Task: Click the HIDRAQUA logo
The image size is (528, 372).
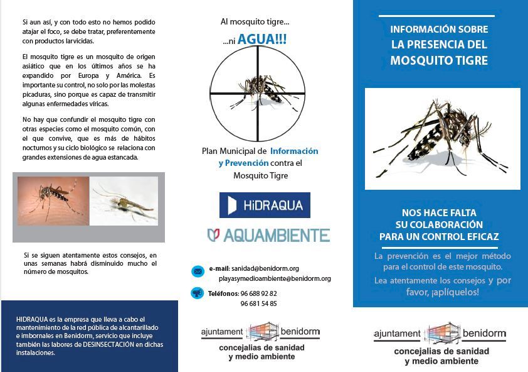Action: (265, 205)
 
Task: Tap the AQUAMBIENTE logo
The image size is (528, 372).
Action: (268, 236)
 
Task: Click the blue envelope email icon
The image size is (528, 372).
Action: (198, 271)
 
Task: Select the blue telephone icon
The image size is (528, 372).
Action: (198, 293)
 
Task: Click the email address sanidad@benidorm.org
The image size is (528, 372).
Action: (265, 268)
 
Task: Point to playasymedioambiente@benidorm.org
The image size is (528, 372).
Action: (275, 278)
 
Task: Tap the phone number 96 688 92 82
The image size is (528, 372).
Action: (258, 293)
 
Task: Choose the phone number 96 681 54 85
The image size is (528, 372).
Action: (258, 304)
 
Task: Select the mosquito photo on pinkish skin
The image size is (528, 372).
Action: (53, 200)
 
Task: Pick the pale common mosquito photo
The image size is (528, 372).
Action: (124, 200)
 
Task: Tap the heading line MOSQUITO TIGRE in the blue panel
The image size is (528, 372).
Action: (439, 60)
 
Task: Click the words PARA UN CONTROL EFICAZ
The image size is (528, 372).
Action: (439, 237)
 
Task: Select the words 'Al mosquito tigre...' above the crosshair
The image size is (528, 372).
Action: (255, 21)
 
